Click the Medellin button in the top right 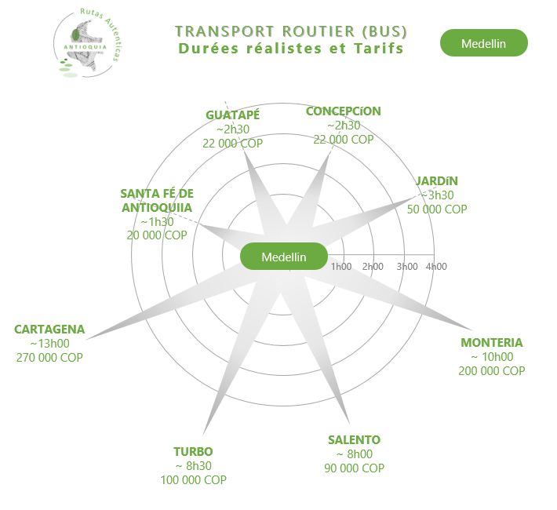coord(484,43)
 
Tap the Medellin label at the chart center coord(283,257)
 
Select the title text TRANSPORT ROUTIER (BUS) coord(291,31)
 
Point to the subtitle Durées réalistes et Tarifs coord(291,49)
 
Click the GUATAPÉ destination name coord(233,115)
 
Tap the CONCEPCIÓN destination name coord(344,111)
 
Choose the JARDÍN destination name coord(437,181)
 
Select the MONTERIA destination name coord(492,343)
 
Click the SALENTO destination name coord(355,439)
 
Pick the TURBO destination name coord(193,451)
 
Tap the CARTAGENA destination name coord(49,329)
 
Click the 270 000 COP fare coord(49,357)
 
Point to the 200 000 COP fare coord(492,371)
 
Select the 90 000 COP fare coord(355,468)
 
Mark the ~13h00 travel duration coord(49,343)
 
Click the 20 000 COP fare coord(157,235)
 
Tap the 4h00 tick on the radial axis coord(436,267)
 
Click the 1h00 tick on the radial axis coord(342,267)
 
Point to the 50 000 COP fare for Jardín coord(437,209)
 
